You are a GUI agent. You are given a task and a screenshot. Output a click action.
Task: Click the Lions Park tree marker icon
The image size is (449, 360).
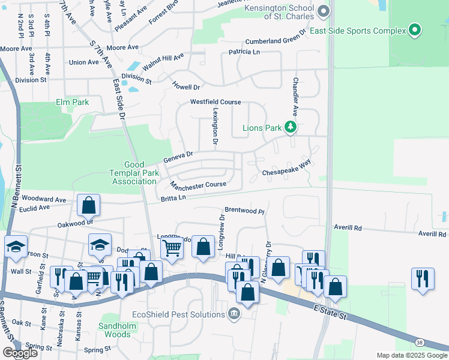click(x=291, y=127)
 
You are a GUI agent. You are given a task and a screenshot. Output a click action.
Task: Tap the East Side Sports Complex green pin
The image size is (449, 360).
click(x=415, y=29)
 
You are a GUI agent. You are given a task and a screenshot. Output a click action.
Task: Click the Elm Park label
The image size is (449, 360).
click(x=73, y=102)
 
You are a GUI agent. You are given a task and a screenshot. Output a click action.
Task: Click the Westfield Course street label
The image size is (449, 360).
click(x=215, y=102)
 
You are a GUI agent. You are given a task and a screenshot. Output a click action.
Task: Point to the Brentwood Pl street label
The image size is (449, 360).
click(x=244, y=211)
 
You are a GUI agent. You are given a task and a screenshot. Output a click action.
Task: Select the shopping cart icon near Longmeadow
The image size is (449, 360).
click(x=172, y=247)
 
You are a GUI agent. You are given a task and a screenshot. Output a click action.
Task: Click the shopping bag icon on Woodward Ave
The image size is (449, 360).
click(x=89, y=205)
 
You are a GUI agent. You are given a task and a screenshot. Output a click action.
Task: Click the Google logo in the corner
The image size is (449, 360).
click(x=20, y=353)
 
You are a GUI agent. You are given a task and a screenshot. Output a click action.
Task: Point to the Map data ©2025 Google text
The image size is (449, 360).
click(x=412, y=355)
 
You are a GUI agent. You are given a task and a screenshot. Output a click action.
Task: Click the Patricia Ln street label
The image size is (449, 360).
click(x=244, y=53)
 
